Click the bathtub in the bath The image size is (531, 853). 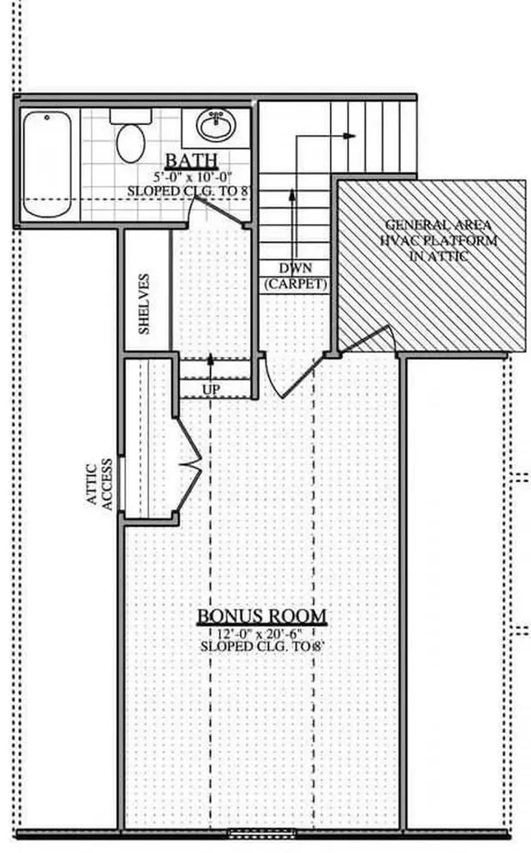(x=47, y=164)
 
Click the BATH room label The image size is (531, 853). (x=191, y=161)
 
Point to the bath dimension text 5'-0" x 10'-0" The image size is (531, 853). (x=193, y=177)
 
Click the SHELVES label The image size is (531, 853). (x=143, y=303)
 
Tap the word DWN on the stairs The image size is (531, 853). (x=296, y=268)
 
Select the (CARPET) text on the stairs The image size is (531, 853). (x=296, y=284)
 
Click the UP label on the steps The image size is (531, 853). (x=211, y=390)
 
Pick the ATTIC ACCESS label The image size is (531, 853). (x=99, y=484)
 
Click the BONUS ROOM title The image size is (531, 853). (x=262, y=616)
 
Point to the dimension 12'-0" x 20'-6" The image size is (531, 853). (x=259, y=633)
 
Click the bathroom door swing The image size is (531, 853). (x=218, y=211)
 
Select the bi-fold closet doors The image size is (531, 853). (x=188, y=465)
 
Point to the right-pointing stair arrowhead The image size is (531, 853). (x=349, y=136)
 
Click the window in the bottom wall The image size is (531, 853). (x=261, y=833)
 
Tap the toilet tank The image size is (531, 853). (x=131, y=116)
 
